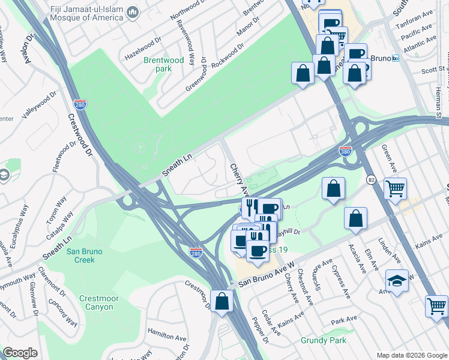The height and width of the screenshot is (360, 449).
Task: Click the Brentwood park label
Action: (164, 64)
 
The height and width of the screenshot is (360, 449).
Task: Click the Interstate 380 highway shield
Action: (345, 150)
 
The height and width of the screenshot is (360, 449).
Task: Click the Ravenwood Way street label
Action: (184, 42)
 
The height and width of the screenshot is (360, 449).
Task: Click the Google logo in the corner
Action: (20, 352)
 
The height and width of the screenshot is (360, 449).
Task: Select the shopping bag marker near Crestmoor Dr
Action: (221, 301)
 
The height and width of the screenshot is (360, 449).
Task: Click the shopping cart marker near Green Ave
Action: (395, 189)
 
